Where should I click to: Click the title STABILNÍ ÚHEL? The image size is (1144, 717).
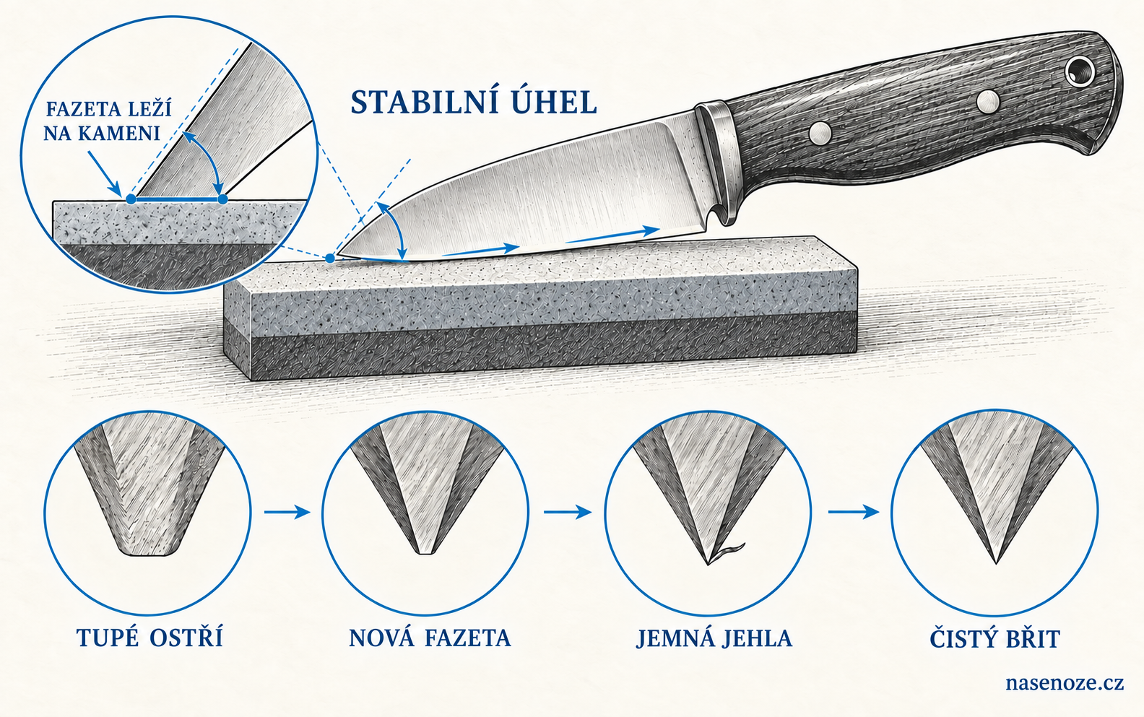click(474, 103)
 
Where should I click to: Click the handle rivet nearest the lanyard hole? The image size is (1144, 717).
click(988, 102)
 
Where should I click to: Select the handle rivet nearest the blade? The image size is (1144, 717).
click(820, 133)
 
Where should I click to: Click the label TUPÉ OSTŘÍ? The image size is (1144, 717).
click(149, 638)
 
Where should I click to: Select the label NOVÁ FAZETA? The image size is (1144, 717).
click(430, 638)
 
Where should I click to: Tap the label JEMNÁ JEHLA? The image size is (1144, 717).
click(714, 638)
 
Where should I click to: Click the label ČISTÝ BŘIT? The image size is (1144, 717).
click(995, 638)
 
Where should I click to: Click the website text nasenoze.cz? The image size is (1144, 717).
click(1065, 682)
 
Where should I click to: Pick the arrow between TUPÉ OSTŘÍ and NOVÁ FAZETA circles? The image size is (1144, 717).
click(287, 512)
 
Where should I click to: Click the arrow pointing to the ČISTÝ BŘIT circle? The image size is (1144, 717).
click(854, 512)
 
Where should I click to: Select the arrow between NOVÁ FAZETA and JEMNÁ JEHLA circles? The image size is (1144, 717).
click(568, 512)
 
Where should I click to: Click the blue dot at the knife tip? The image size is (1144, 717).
click(331, 258)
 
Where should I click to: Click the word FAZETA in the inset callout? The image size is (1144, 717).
click(77, 109)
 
